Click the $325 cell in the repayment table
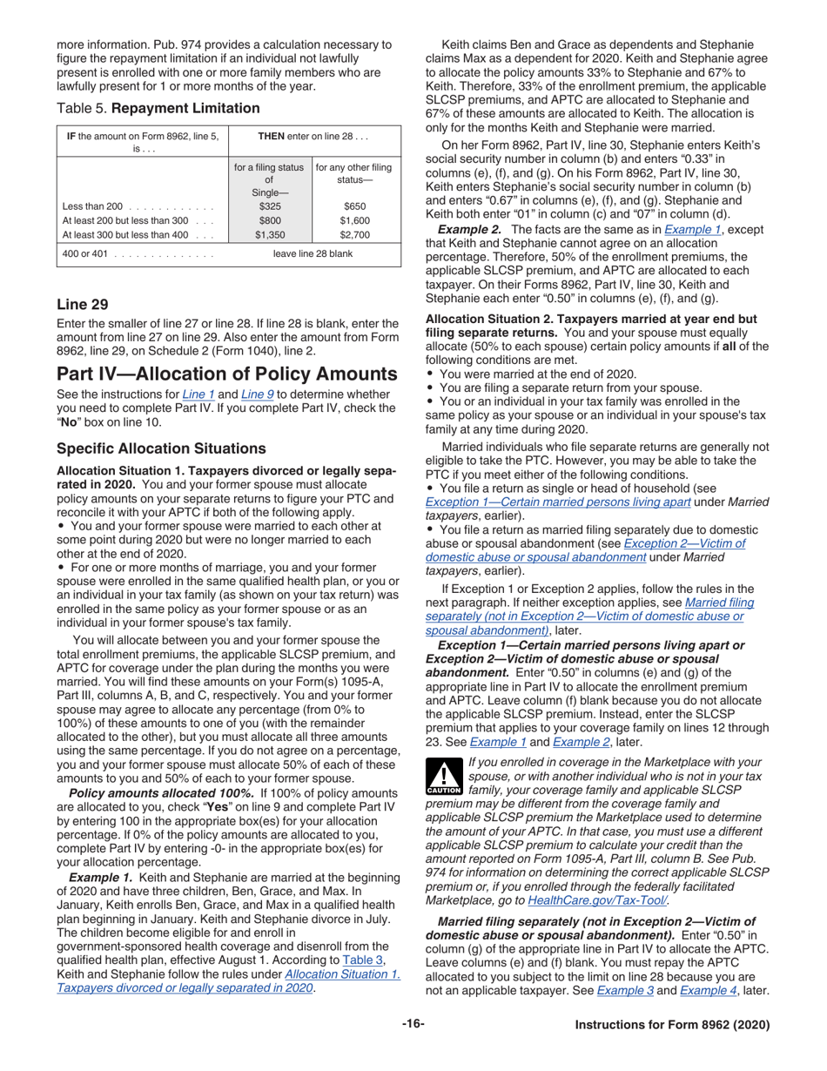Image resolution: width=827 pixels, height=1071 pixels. (x=268, y=206)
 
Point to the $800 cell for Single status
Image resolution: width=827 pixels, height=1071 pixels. (x=268, y=220)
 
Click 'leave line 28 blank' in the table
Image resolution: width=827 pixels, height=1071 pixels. (x=313, y=254)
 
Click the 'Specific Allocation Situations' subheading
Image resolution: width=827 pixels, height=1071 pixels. (x=161, y=448)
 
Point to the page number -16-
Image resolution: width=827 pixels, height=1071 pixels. (x=413, y=1024)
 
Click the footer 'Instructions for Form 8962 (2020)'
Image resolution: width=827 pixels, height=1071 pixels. (x=672, y=1025)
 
